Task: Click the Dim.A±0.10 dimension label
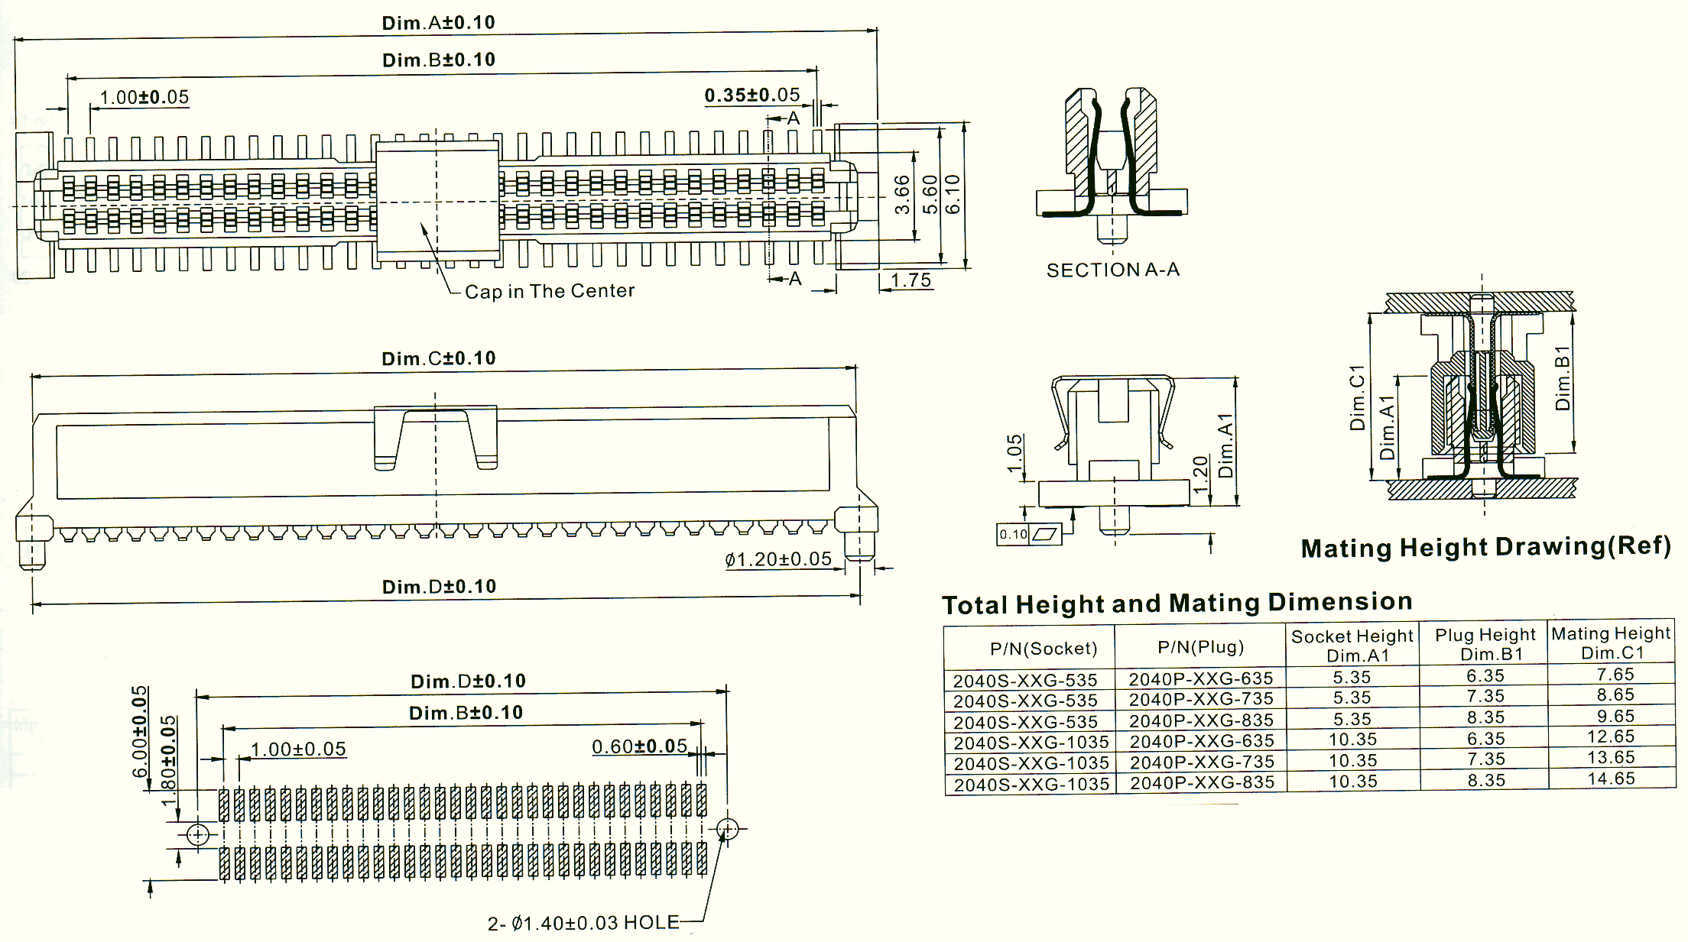coord(438,23)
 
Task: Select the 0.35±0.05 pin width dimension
coord(752,95)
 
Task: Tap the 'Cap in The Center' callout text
coord(550,291)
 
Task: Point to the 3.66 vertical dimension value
coord(903,195)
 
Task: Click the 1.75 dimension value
coord(911,280)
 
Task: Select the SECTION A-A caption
coord(1113,270)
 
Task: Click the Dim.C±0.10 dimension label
coord(439,358)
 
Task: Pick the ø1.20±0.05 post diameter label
coord(778,559)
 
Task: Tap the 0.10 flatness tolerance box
coord(1029,534)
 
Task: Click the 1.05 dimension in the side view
coord(1014,454)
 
